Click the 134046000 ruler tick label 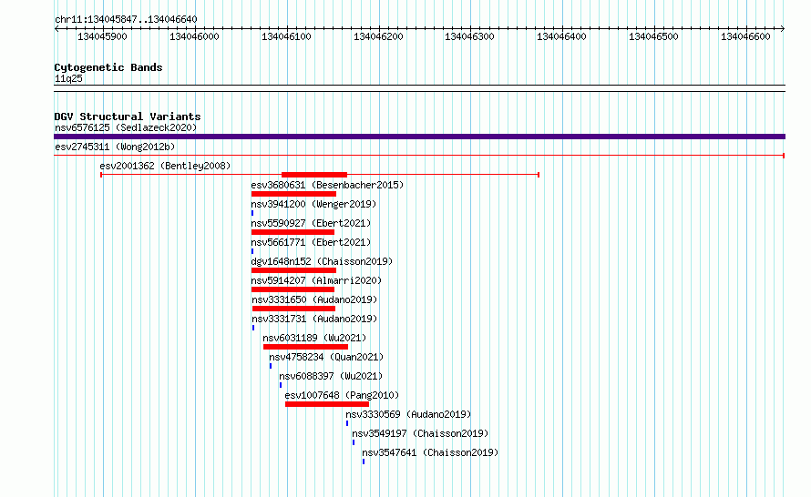[x=194, y=36]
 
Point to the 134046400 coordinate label [x=561, y=36]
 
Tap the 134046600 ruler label [x=745, y=36]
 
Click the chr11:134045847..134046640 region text [x=126, y=20]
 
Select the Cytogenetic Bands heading [x=108, y=67]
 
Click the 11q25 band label [x=68, y=78]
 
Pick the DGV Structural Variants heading [x=128, y=117]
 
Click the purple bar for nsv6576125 [x=419, y=137]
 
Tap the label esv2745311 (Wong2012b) [x=115, y=147]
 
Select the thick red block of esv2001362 [x=314, y=175]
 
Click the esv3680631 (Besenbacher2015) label [x=327, y=185]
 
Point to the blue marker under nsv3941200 [x=252, y=213]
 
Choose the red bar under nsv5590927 [x=293, y=232]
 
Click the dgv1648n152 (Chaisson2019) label [x=322, y=261]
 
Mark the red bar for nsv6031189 [x=305, y=347]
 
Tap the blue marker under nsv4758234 [x=271, y=366]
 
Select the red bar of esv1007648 [x=327, y=404]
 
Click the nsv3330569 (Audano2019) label [x=408, y=414]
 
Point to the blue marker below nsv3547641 [x=364, y=461]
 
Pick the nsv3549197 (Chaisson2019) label [x=420, y=433]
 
